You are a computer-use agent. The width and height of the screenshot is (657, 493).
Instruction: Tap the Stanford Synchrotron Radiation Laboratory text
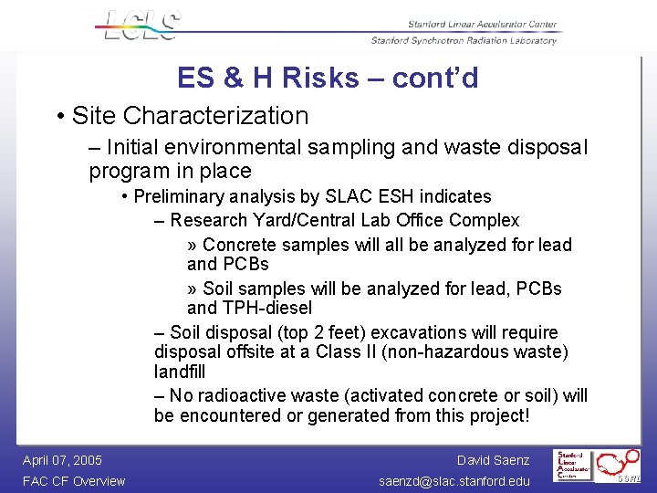[464, 40]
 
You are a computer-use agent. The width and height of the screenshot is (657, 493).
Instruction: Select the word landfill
[180, 372]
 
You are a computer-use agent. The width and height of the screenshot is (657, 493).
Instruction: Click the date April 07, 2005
[62, 460]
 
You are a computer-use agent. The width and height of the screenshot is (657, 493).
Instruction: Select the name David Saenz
[493, 460]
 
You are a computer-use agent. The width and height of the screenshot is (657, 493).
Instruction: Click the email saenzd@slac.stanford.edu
[454, 481]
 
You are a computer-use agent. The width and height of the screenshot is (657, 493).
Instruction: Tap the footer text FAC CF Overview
[73, 481]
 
